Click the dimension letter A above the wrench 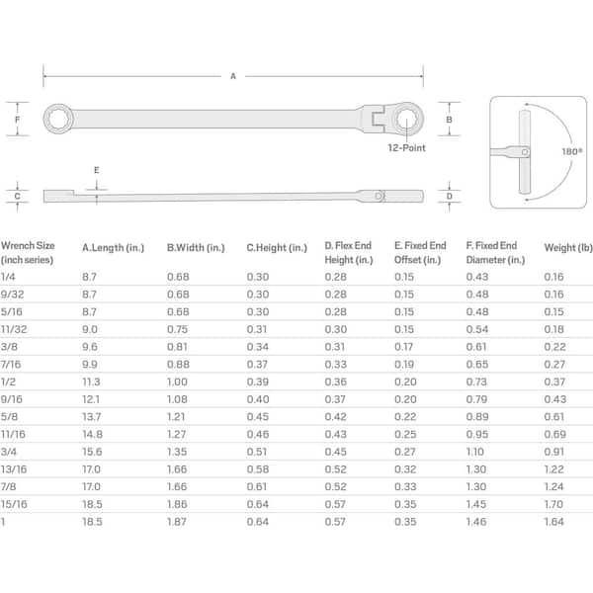(x=233, y=76)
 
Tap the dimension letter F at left (x=17, y=120)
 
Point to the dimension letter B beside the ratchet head (x=449, y=120)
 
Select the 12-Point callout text (x=406, y=148)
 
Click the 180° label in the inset (x=572, y=151)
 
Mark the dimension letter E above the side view (x=97, y=170)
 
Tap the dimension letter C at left (x=17, y=197)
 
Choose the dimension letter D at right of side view (x=450, y=197)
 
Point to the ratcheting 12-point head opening (x=407, y=119)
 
